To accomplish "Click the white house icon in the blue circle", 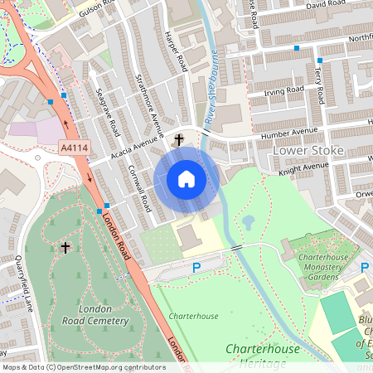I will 186,178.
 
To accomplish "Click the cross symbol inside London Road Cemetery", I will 65,247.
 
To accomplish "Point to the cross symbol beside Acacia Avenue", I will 179,140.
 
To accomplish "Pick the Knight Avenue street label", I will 303,167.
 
